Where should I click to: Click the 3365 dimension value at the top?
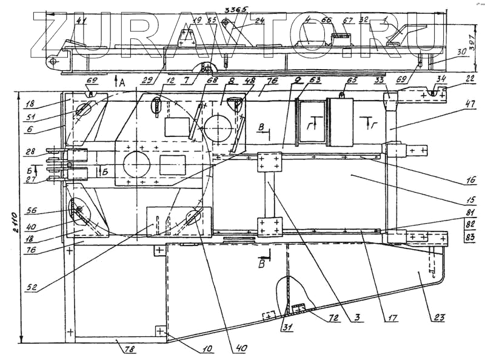[x=233, y=9]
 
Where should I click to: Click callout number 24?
[x=259, y=21]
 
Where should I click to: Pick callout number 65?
[x=350, y=79]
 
